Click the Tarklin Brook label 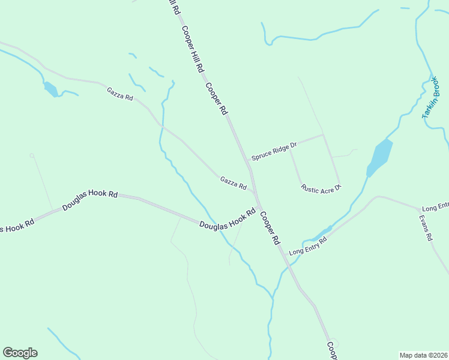click(432, 97)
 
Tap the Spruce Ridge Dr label click(274, 151)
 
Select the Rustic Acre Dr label click(321, 188)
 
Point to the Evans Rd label click(426, 228)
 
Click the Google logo click(20, 353)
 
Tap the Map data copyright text click(424, 355)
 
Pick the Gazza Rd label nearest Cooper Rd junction click(234, 183)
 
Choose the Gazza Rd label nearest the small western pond click(120, 94)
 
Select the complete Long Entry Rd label click(307, 245)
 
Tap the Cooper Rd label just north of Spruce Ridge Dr click(217, 98)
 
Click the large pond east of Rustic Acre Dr click(379, 157)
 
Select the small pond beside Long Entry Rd click(324, 232)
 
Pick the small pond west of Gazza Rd click(50, 89)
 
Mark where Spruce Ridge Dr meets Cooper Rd click(247, 161)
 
